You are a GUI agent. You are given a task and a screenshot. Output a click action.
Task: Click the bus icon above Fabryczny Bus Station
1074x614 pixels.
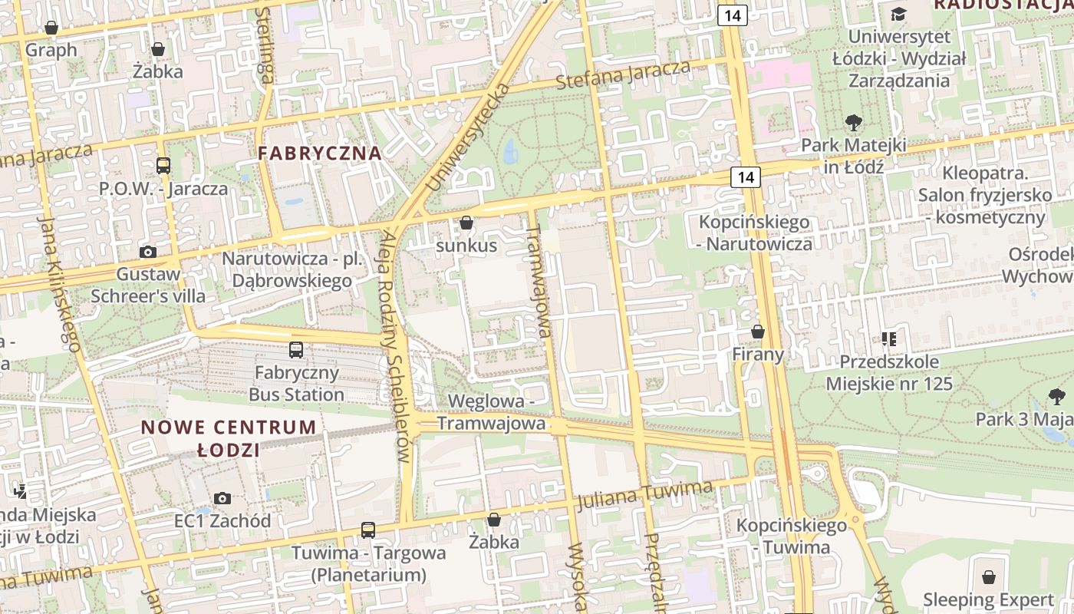point(296,350)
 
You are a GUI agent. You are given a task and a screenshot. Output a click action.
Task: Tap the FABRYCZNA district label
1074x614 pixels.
point(320,153)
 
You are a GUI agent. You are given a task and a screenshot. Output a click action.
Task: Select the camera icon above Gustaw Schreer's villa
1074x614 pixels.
point(148,252)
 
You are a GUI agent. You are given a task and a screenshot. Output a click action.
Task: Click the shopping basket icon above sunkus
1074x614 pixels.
point(466,223)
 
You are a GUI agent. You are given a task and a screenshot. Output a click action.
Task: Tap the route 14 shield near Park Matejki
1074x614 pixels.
point(746,177)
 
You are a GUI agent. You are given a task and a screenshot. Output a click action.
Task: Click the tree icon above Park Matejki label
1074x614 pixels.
point(853,122)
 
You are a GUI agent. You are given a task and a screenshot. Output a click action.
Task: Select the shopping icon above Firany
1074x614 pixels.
point(758,332)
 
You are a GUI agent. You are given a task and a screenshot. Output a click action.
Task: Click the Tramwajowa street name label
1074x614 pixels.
point(539,281)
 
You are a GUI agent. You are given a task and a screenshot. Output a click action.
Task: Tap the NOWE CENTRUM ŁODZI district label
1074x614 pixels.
point(229,438)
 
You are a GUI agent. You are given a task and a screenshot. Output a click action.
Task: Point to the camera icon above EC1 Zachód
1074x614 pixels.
point(222,499)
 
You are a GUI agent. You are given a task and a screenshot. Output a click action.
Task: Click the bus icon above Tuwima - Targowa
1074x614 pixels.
point(368,530)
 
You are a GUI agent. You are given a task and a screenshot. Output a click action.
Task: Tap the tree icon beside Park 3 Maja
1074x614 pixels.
point(1057,396)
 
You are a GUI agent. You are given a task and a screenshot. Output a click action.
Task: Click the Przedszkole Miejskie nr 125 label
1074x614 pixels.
point(889,372)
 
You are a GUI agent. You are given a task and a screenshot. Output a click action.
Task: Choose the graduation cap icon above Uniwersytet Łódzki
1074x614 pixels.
point(898,14)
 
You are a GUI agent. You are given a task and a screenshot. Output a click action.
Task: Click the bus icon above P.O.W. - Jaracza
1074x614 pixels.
point(163,165)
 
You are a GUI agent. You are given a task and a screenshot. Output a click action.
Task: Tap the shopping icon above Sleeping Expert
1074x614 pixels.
point(989,576)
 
